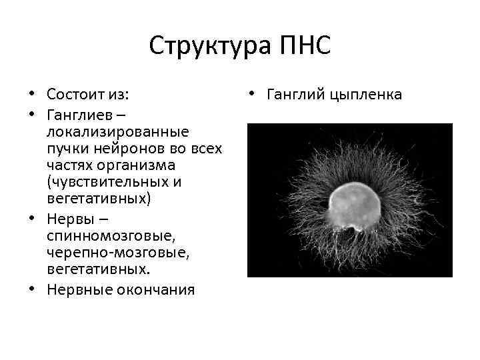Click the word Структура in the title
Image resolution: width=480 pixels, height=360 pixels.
pyautogui.click(x=203, y=46)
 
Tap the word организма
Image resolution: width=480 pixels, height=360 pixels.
pyautogui.click(x=126, y=164)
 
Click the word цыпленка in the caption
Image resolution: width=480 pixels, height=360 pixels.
pyautogui.click(x=366, y=95)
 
